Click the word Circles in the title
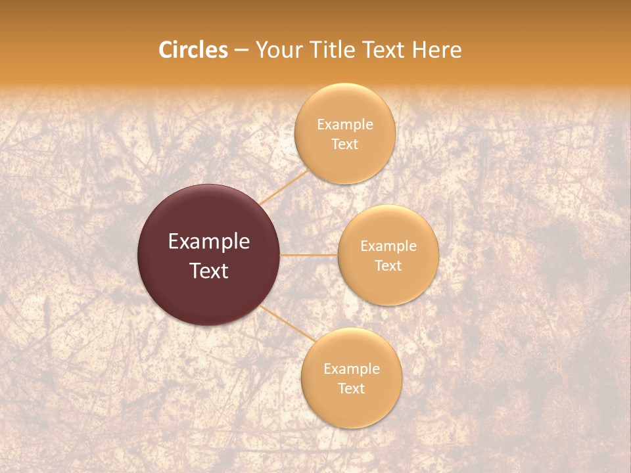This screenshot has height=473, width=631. [x=193, y=50]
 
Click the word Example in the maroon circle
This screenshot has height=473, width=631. [x=209, y=242]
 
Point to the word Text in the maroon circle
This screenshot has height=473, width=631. [x=209, y=271]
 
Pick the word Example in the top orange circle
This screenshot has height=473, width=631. [x=345, y=125]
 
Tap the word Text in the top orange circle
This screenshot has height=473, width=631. [x=345, y=145]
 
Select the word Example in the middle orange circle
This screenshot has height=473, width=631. [x=388, y=246]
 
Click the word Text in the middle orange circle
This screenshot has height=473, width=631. [x=388, y=265]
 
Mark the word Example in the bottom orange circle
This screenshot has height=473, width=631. [x=352, y=369]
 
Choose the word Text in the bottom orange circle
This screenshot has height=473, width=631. [x=352, y=388]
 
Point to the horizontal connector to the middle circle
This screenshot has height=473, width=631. [x=308, y=255]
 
